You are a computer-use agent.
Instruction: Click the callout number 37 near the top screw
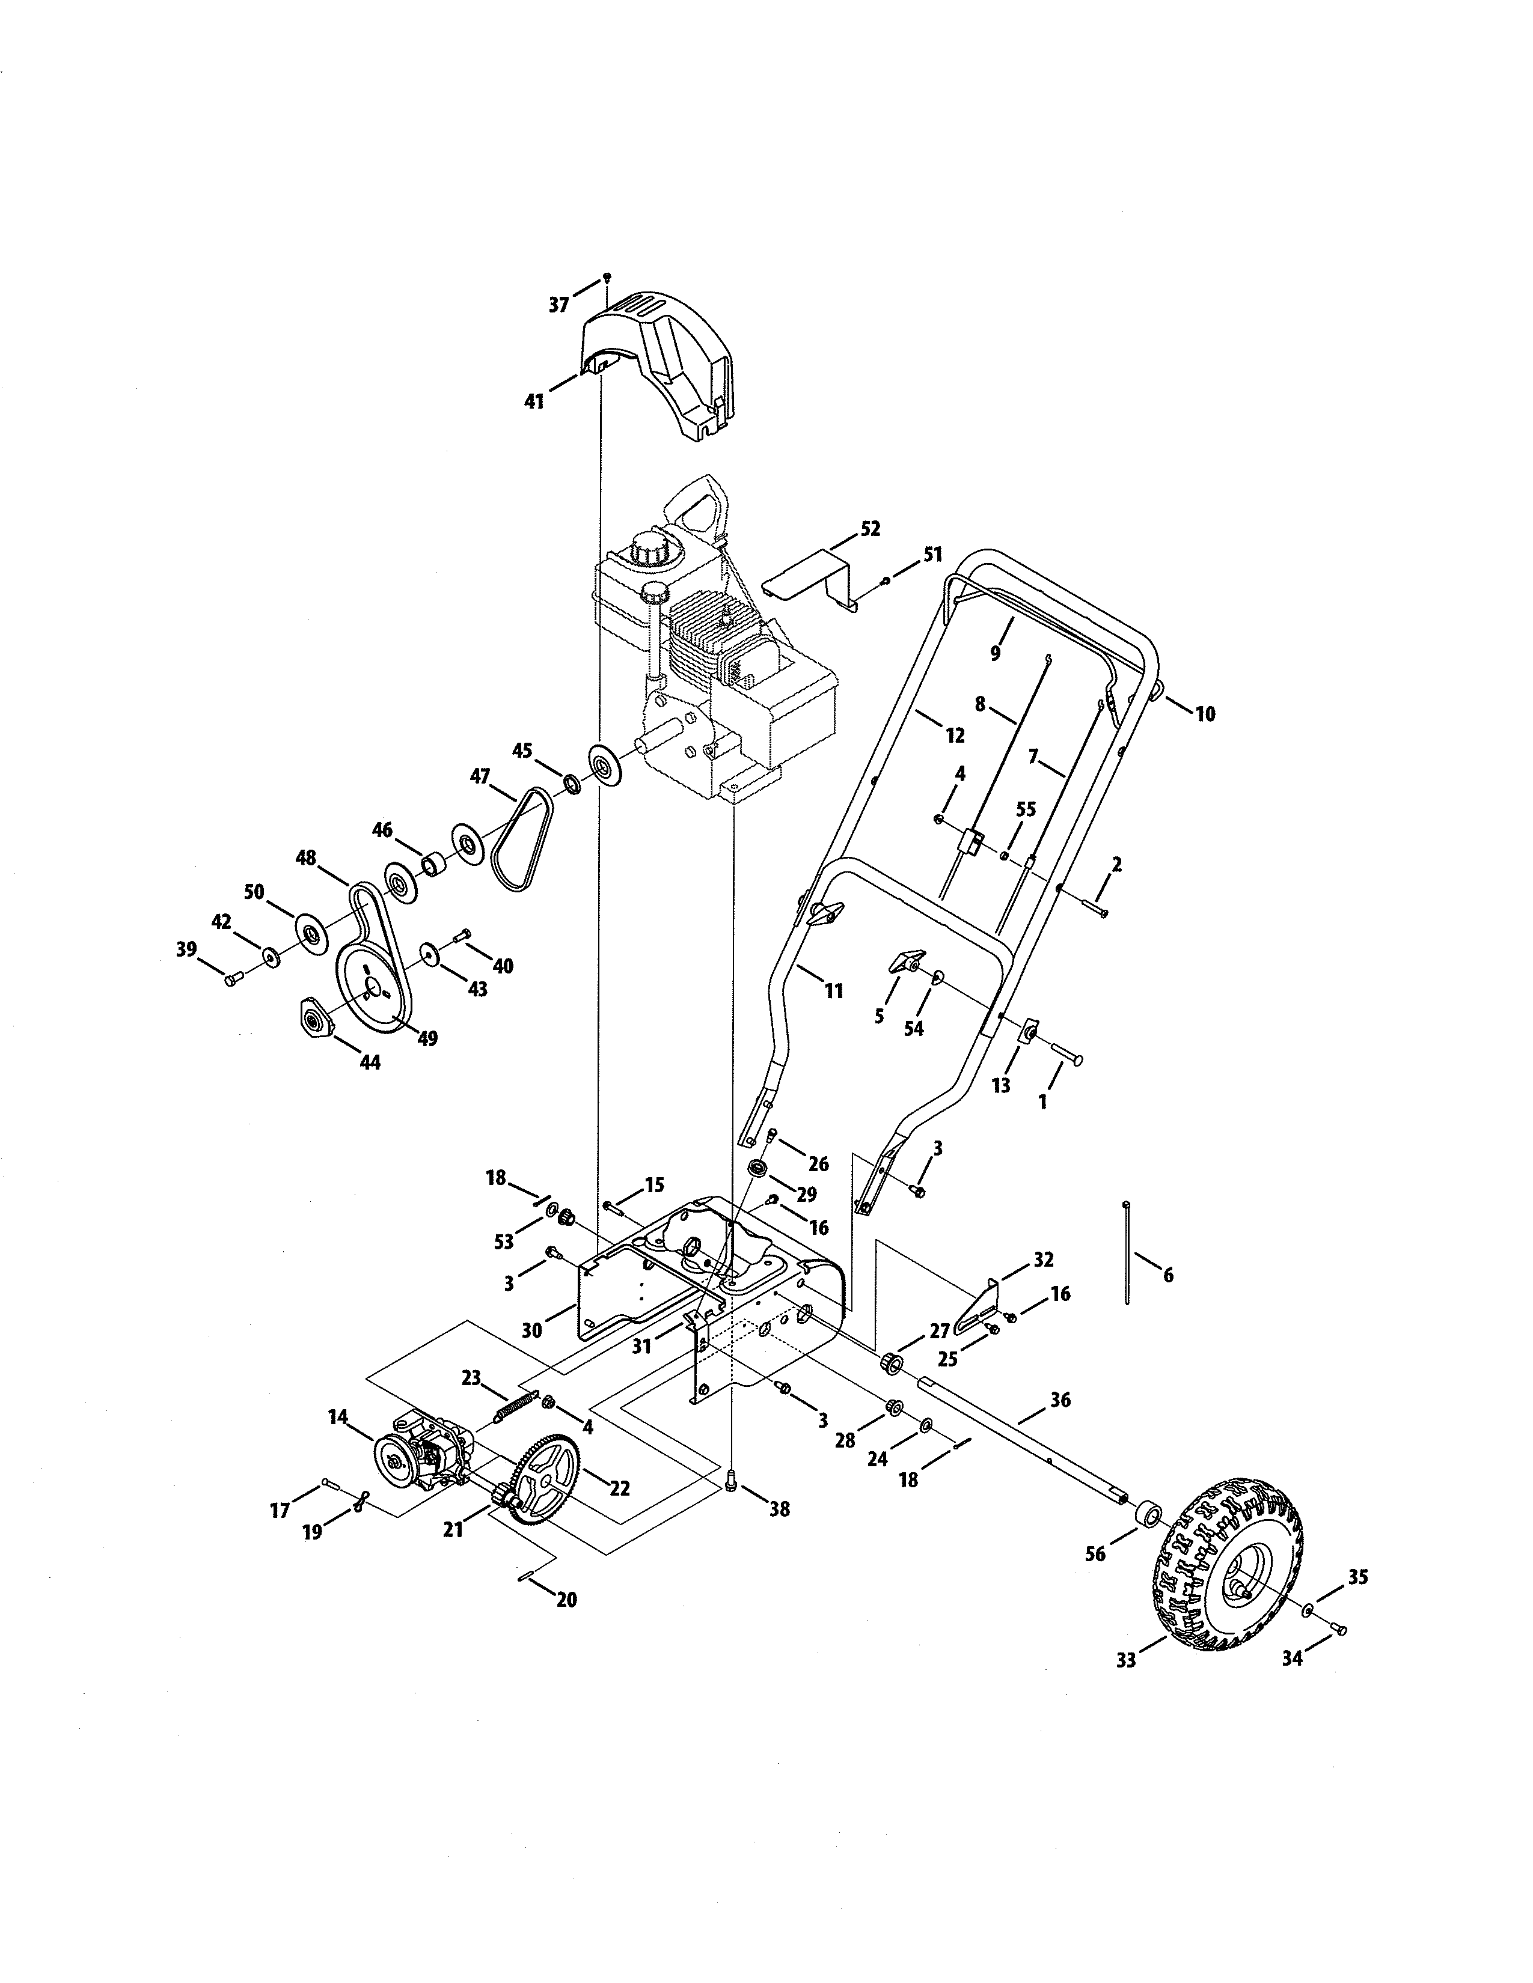[558, 305]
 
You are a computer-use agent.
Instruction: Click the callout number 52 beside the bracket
[869, 528]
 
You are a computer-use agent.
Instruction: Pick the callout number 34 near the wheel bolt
[1291, 1658]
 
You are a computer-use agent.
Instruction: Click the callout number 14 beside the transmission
[338, 1416]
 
